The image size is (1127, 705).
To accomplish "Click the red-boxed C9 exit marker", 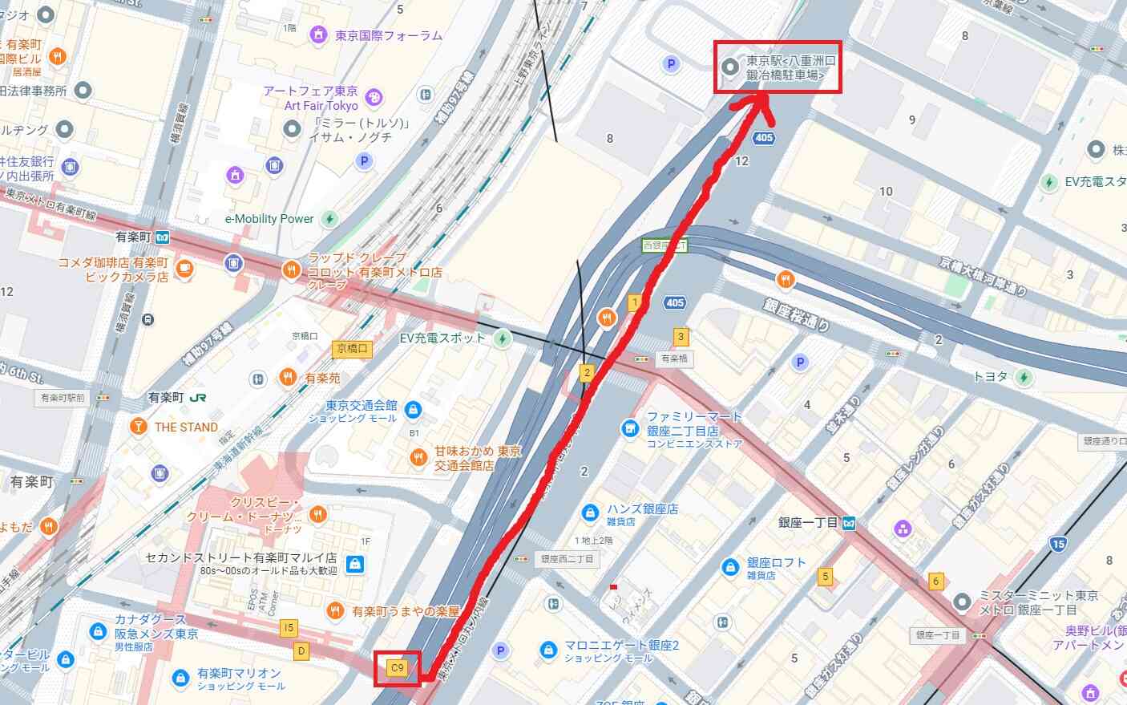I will [x=397, y=667].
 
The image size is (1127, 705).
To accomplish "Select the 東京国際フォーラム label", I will [x=389, y=35].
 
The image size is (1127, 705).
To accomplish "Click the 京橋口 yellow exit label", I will [x=353, y=348].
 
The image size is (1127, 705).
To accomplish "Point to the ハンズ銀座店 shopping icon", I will [x=590, y=512].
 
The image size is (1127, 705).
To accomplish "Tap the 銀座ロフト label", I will [x=776, y=563].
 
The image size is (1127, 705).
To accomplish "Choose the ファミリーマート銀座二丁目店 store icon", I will [x=630, y=428].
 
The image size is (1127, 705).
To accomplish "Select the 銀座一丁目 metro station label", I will [x=808, y=523].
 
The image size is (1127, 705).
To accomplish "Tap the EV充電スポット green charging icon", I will [x=503, y=338].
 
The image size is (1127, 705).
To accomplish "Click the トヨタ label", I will [x=990, y=376].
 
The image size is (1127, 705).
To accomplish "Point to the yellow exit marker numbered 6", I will [x=935, y=581].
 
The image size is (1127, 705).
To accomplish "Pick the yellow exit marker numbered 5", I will [x=825, y=576].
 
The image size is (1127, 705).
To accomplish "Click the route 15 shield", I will [x=1058, y=545].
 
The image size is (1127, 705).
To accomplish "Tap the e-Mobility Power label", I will [x=269, y=218].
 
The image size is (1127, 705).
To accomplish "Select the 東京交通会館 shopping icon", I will [x=413, y=411].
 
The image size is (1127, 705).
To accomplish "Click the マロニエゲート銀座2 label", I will [x=621, y=646].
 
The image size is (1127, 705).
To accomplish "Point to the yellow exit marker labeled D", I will [x=301, y=650].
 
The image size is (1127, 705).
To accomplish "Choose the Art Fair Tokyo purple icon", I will [x=374, y=99].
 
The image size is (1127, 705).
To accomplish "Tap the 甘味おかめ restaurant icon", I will [x=418, y=458].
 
